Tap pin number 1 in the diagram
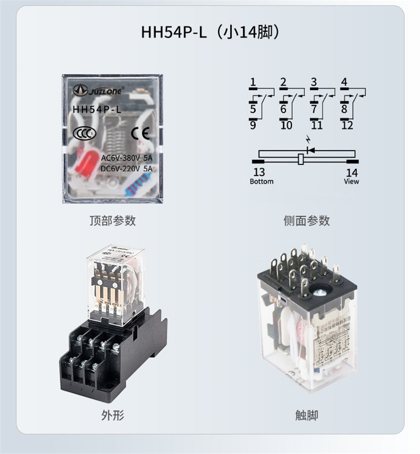tap(253, 82)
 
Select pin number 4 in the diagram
tap(344, 82)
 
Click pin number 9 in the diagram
tap(253, 125)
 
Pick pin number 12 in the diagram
tap(347, 125)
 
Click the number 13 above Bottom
tap(259, 172)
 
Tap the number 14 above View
tap(352, 172)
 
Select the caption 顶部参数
tap(112, 220)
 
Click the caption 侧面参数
tap(307, 220)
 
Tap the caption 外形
tap(112, 415)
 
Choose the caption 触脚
tap(307, 415)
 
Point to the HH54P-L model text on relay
tap(97, 109)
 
